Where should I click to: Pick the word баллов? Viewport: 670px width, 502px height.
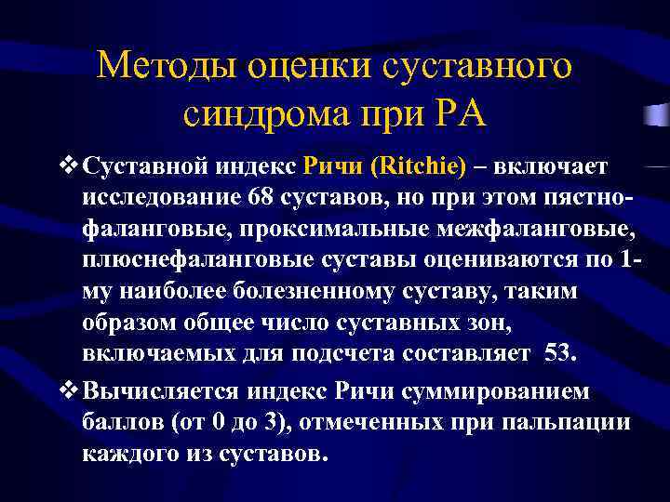[117, 423]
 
